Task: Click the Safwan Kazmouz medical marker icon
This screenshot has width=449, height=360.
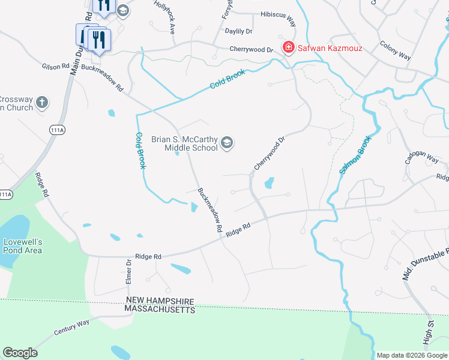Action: click(x=288, y=47)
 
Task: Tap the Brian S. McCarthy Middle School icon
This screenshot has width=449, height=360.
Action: click(x=228, y=143)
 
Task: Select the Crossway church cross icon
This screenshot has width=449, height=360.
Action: click(x=41, y=101)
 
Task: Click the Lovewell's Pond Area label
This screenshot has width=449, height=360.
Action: click(x=23, y=246)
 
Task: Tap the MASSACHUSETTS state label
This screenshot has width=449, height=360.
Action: click(x=160, y=310)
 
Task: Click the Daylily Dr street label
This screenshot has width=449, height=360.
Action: click(x=238, y=31)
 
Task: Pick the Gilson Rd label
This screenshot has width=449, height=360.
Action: click(x=56, y=67)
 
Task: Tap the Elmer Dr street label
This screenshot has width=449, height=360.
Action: click(x=128, y=271)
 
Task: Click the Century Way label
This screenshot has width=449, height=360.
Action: click(x=71, y=327)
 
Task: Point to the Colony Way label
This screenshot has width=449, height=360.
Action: click(x=395, y=50)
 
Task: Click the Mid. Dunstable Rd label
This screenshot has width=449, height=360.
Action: click(x=424, y=263)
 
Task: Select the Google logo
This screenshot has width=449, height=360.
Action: click(x=20, y=353)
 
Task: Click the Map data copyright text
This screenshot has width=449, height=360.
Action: click(x=411, y=355)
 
